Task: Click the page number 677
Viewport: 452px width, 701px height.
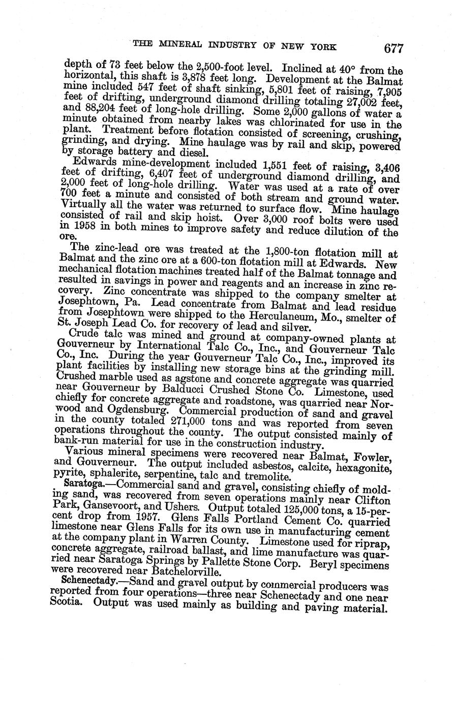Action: click(x=394, y=49)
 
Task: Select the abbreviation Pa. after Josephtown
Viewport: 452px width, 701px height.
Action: click(x=126, y=303)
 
